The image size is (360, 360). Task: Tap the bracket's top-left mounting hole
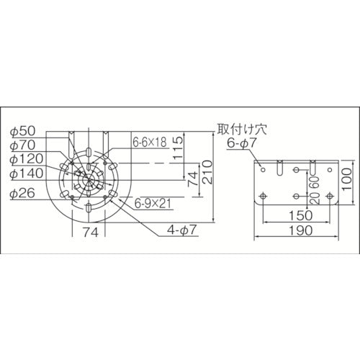pyautogui.click(x=264, y=170)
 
